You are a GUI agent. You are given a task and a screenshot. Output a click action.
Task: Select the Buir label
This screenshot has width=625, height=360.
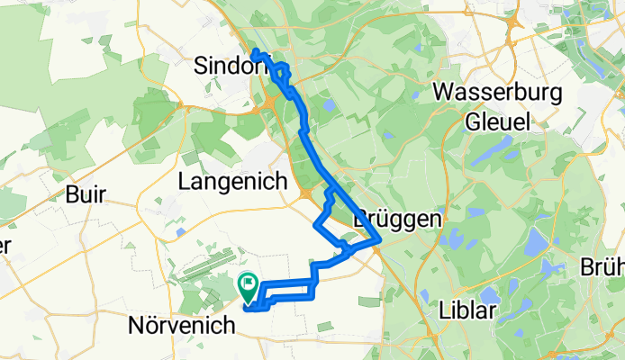pos(86,193)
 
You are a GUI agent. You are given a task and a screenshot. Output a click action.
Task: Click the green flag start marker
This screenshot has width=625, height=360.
pos(249,286)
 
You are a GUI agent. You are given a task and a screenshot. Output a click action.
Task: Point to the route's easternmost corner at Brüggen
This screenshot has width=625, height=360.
pos(382,239)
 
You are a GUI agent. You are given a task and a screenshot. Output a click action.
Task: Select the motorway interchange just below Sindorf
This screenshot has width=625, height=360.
pos(269,108)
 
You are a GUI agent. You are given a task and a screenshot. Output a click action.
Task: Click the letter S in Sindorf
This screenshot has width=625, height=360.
pos(202,65)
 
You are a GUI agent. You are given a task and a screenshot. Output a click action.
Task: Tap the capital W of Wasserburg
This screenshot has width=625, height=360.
pos(444,92)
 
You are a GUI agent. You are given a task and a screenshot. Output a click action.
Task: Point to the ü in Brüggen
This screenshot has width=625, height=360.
pos(383,220)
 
